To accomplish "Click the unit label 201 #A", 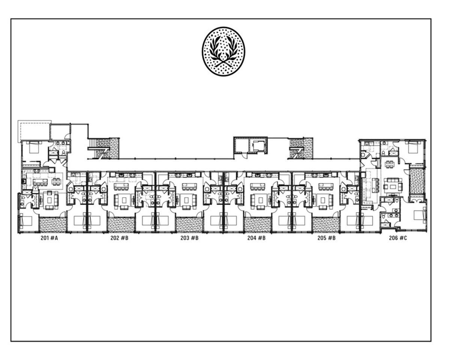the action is tap(49, 238).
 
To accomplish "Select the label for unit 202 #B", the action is tap(119, 238).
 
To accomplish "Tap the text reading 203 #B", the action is tap(189, 238).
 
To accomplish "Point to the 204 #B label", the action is tap(256, 238).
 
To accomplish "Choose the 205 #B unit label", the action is tap(326, 238).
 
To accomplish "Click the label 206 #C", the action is tap(398, 238).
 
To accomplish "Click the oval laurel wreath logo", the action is tap(223, 51).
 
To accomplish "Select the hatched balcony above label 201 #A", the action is tap(53, 225).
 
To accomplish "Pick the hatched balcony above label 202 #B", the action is tap(121, 225).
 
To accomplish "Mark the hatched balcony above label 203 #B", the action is tap(189, 225).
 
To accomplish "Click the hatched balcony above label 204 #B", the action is tap(258, 225).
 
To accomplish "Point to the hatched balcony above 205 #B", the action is tap(326, 225).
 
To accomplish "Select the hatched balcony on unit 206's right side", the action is tap(417, 181).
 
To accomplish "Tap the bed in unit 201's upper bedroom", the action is tap(34, 147).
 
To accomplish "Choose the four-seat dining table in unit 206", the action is tap(389, 164).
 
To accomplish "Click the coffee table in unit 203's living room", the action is tap(189, 200).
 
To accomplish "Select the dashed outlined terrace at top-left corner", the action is tap(34, 130).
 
